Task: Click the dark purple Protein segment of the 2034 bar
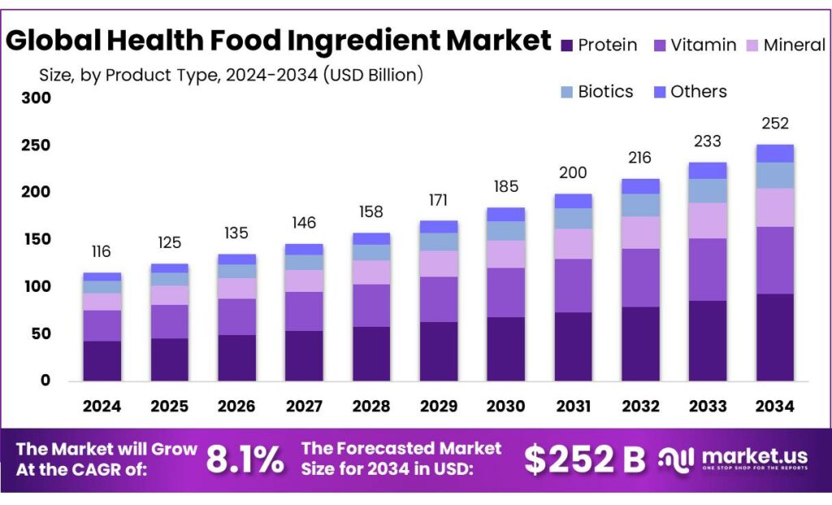tap(774, 337)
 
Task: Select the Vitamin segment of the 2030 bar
tap(505, 292)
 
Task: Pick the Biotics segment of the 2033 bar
tap(708, 190)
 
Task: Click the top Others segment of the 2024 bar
tap(102, 276)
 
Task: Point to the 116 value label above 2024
tap(102, 251)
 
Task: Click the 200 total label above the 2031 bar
tap(573, 172)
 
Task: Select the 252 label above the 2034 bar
tap(774, 124)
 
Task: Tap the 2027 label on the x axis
tap(304, 407)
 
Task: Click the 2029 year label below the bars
tap(439, 407)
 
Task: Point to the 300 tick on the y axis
tap(37, 98)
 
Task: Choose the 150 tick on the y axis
tap(37, 240)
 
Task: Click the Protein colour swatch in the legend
tap(566, 46)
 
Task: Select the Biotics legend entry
tap(605, 92)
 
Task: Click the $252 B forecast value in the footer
tap(584, 459)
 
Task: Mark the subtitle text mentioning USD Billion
tap(232, 76)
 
